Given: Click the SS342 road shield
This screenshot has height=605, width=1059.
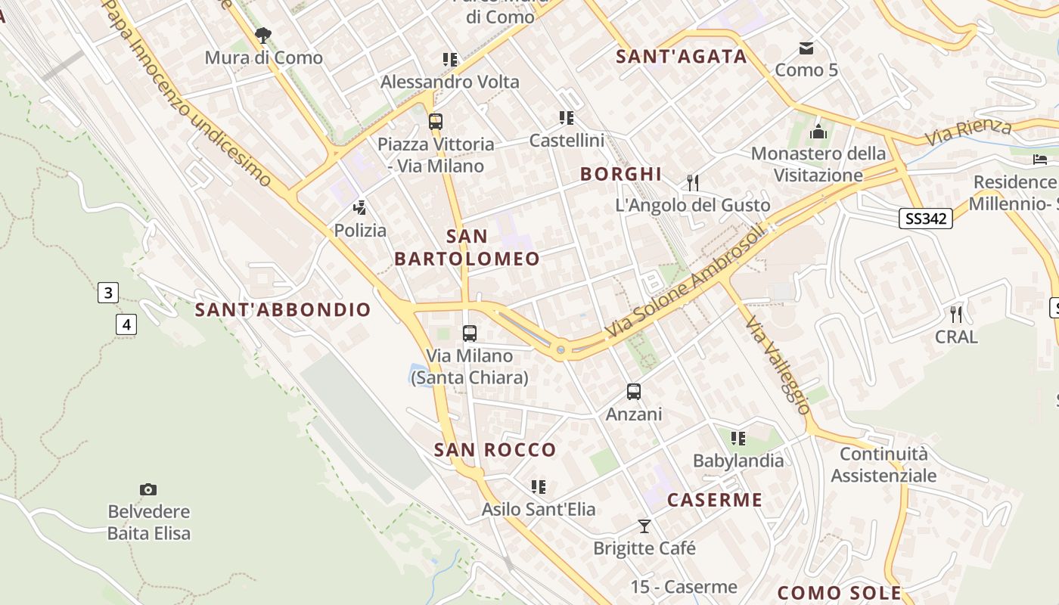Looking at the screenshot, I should pos(926,219).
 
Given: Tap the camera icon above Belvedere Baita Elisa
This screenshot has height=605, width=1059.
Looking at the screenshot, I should pos(148,489).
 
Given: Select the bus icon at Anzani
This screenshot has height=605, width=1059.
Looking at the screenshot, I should pos(634,392).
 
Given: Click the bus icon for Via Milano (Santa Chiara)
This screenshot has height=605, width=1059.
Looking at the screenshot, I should pos(470,333).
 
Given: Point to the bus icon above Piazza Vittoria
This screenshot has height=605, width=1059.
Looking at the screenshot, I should pos(435,121).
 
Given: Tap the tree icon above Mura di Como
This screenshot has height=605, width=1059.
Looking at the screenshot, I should pos(263,35).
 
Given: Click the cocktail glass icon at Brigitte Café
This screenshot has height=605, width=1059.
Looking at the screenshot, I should pos(644,526).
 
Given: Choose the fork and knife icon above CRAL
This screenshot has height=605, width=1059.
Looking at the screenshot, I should pos(956,314).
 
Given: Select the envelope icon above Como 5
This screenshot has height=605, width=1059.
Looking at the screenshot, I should pos(806,48).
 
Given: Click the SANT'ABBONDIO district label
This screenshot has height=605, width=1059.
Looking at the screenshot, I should pos(283,309).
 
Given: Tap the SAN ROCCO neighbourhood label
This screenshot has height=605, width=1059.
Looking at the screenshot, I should pos(495,450).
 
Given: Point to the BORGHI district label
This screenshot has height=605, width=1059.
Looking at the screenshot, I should pos(621,174).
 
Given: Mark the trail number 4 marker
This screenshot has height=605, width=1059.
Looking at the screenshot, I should pos(126,324).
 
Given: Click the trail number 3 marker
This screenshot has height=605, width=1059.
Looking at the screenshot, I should pos(108,293).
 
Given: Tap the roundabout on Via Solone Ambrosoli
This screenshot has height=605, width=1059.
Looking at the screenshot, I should pos(561,349).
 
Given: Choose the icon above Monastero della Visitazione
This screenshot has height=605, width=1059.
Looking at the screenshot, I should pos(818,132).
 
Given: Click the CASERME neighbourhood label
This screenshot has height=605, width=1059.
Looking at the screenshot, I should pos(715,500).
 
